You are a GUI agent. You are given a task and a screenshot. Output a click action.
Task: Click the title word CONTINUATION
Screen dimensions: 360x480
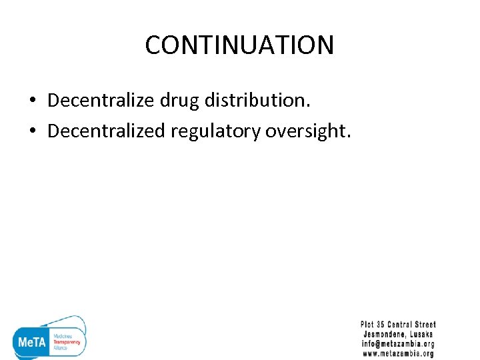coord(239,45)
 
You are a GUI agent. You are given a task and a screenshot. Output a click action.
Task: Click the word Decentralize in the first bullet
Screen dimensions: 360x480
coord(101,100)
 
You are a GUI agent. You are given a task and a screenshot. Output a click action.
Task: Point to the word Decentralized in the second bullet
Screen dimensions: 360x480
coord(106,131)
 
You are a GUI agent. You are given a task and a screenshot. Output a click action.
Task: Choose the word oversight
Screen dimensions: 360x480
coord(307,131)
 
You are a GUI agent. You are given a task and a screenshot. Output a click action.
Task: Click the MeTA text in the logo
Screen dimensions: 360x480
coord(31,341)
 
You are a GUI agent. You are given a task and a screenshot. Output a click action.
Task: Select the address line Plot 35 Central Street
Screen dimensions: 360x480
coord(398,325)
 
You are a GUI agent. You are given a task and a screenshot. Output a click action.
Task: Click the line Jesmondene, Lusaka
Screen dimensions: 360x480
coord(398,334)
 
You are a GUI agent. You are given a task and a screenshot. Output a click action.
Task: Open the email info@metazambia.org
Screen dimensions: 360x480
coord(398,344)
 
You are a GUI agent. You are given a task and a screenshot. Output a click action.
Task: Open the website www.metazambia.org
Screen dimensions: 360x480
coord(398,353)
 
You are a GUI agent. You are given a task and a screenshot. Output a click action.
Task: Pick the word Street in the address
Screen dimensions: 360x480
coord(423,325)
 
